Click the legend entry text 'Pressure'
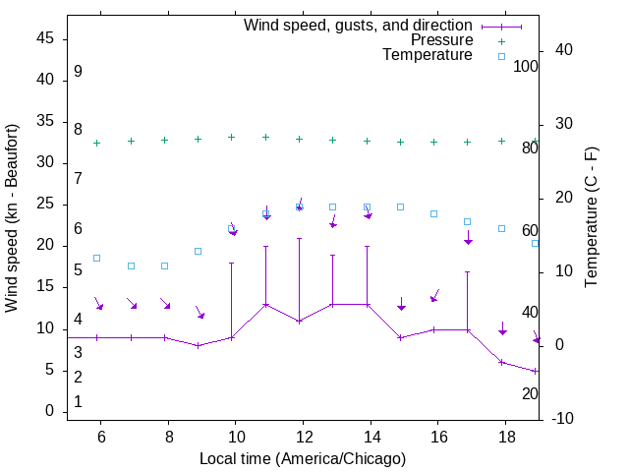pos(442,40)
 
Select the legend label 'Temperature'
pos(428,55)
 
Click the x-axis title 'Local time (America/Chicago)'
pos(303,458)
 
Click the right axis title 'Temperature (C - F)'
pos(591,218)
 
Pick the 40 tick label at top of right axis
pos(550,50)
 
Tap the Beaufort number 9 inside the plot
pos(78,72)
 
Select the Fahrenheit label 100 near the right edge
pos(527,67)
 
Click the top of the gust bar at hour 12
pos(299,238)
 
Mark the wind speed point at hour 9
pos(198,345)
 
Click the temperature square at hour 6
pos(96,258)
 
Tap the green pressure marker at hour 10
pos(231,137)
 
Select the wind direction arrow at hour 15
pos(401,304)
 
